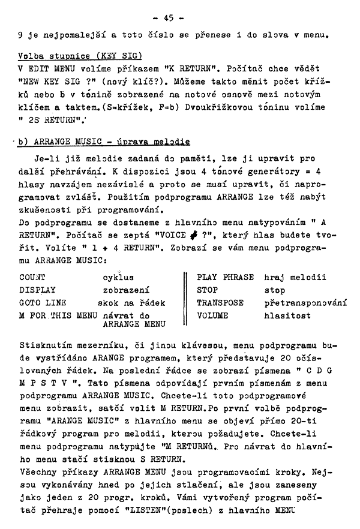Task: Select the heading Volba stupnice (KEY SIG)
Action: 80,56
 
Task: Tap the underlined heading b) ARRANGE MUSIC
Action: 104,142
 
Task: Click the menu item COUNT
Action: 33,277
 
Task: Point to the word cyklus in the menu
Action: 118,277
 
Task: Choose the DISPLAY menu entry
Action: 37,290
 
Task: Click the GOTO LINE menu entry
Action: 43,303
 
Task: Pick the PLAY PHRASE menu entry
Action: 226,277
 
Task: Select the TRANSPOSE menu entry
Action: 220,303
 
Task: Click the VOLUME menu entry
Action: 213,315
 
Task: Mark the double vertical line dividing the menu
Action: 187,297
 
